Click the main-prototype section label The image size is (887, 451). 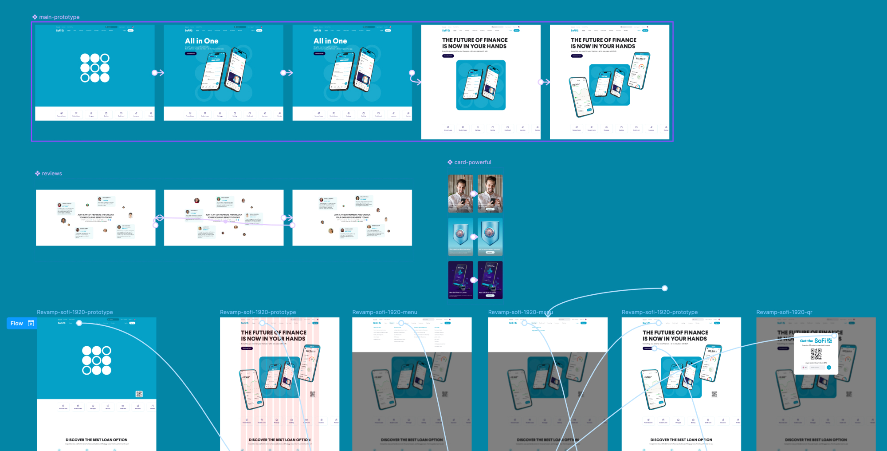[x=59, y=17]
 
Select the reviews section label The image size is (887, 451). [x=51, y=174]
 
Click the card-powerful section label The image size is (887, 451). [x=472, y=162]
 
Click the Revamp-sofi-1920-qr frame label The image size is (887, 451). [x=784, y=312]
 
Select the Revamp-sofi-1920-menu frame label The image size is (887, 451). [x=385, y=312]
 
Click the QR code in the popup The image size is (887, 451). [x=816, y=354]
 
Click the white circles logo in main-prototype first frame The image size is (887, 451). [x=95, y=68]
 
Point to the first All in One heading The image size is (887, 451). [x=201, y=41]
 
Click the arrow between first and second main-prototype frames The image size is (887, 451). [x=158, y=73]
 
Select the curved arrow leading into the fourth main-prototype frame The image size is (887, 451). [x=415, y=79]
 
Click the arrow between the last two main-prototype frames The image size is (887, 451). [x=544, y=82]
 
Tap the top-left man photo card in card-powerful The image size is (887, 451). [x=460, y=193]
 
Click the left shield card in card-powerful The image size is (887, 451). [x=460, y=237]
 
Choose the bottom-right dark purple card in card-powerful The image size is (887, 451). [x=490, y=280]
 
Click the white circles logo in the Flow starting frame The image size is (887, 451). [x=97, y=360]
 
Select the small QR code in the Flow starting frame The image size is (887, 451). [x=139, y=394]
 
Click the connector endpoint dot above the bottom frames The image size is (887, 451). [x=664, y=289]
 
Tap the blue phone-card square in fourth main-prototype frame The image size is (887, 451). [x=481, y=85]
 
